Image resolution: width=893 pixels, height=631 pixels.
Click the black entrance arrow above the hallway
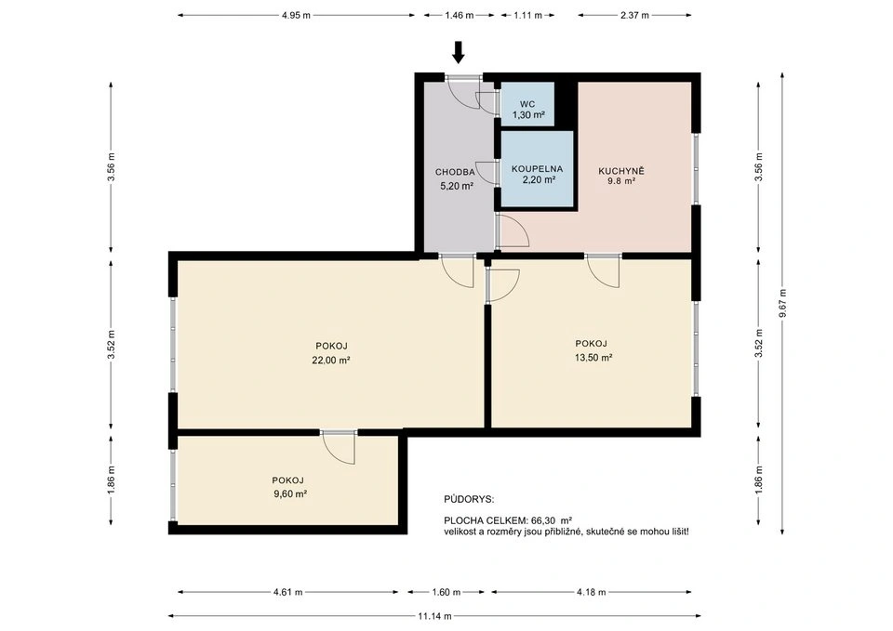(459, 52)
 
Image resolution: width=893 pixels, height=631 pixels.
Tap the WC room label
(527, 104)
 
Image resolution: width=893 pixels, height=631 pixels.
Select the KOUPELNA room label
(537, 169)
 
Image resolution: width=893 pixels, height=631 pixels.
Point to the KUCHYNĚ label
(621, 171)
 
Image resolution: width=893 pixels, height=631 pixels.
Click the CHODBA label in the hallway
(455, 172)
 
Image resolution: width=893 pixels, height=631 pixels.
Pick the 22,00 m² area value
(331, 360)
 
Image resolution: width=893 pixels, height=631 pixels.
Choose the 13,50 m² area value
(593, 358)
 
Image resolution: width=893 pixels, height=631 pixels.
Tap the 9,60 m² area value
(290, 493)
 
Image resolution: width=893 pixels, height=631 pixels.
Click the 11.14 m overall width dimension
(434, 615)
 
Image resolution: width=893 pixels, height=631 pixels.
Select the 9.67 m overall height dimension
(782, 304)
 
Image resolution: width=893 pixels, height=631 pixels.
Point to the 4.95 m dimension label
(296, 16)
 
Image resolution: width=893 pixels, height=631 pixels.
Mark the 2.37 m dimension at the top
(634, 16)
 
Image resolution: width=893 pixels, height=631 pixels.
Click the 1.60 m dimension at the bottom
(446, 592)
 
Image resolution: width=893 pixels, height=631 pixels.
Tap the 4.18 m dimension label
(592, 592)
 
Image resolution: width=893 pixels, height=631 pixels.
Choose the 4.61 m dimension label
(288, 592)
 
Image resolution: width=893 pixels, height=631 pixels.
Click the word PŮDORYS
(469, 500)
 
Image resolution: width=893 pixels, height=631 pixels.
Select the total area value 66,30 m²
(552, 520)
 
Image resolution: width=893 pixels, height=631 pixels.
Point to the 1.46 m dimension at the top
(459, 16)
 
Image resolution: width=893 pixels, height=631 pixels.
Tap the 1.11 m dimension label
(528, 16)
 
